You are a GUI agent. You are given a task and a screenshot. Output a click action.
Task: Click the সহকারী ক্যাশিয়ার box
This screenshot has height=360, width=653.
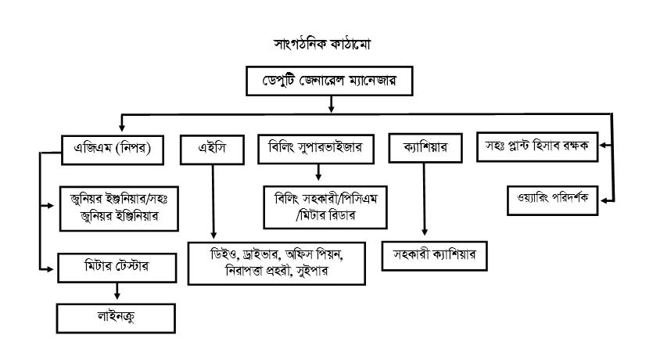435,256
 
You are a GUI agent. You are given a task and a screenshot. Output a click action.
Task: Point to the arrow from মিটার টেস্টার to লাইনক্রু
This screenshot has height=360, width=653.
117,291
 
